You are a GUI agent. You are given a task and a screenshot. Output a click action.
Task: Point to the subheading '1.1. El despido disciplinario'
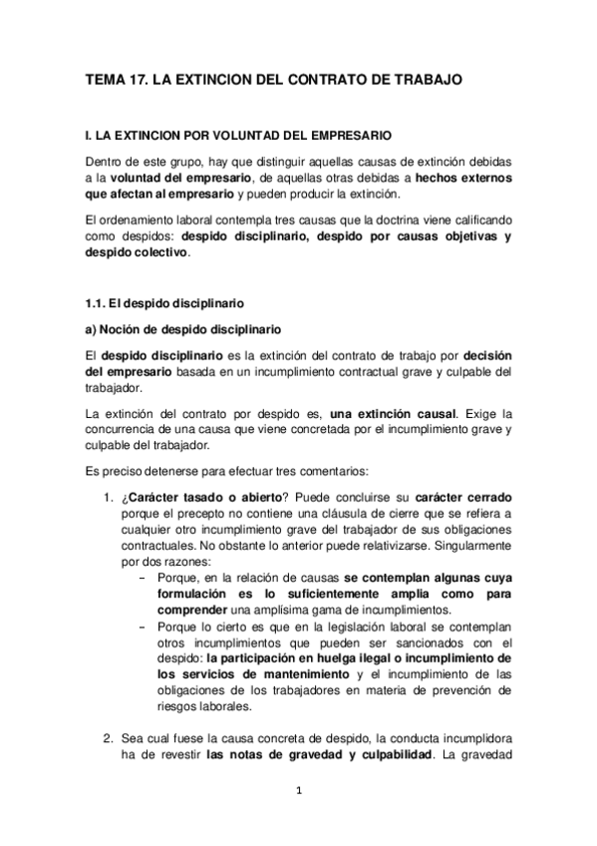click(164, 302)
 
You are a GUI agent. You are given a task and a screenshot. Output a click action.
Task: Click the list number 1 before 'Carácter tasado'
click(108, 497)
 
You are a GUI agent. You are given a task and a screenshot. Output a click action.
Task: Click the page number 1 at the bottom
click(298, 792)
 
